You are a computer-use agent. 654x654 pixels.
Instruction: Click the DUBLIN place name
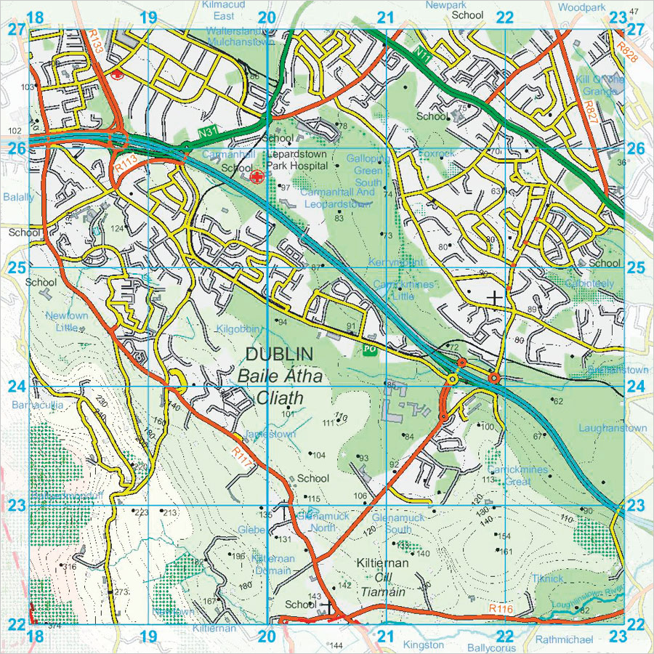(280, 355)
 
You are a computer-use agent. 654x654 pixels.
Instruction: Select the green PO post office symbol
(368, 350)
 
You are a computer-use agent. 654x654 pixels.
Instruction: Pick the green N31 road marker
(207, 133)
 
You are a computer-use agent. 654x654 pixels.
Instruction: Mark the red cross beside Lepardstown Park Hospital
(255, 177)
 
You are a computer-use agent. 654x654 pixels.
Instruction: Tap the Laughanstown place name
(612, 428)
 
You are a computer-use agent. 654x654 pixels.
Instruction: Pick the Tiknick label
(547, 578)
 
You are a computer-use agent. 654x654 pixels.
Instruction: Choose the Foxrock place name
(436, 154)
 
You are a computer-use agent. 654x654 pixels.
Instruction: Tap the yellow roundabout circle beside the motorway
(453, 379)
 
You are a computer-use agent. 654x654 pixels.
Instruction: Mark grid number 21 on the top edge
(385, 18)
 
